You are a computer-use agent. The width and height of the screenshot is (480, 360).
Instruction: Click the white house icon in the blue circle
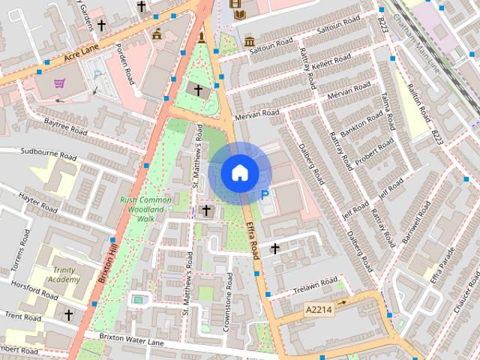[x=239, y=172]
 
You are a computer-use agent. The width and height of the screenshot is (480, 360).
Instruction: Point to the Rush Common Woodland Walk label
[x=145, y=208]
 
